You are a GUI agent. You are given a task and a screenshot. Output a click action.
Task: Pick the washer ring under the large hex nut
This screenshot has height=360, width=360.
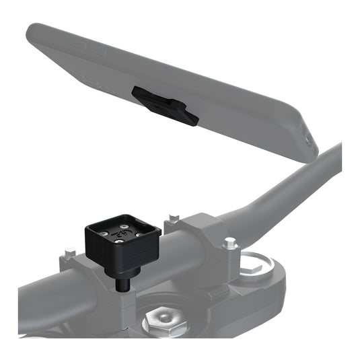pos(163,331)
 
